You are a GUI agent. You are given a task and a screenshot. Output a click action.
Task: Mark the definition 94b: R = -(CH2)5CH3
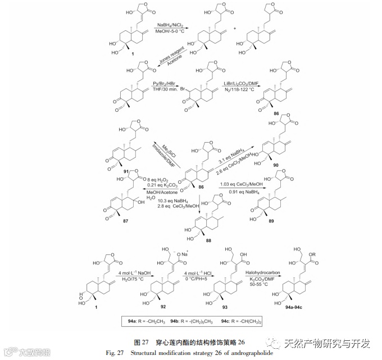tap(190, 322)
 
